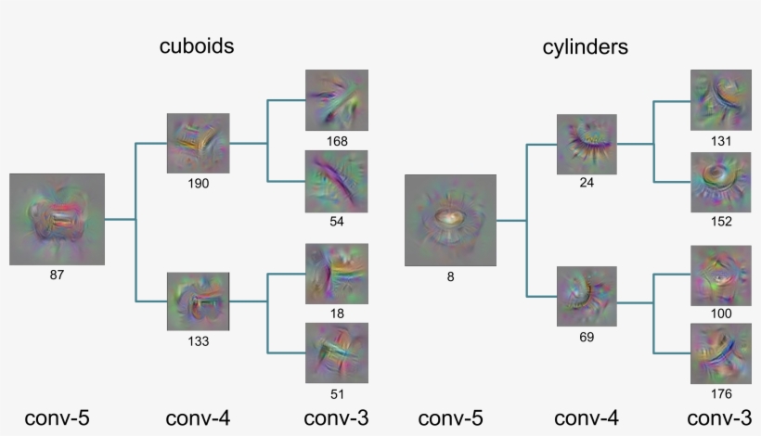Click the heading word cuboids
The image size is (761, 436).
tap(195, 46)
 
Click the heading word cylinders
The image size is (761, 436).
tap(586, 46)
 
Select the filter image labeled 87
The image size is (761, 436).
tap(57, 219)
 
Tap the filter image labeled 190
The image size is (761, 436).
tap(198, 143)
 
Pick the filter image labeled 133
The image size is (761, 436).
tap(198, 301)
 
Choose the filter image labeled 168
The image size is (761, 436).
tap(337, 100)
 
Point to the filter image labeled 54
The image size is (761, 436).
tap(337, 182)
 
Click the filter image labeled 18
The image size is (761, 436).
tap(337, 274)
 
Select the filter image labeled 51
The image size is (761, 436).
tap(337, 353)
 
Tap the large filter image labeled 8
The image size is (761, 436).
tap(450, 221)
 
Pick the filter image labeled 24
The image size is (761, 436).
tap(587, 144)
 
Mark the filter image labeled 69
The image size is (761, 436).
tap(587, 296)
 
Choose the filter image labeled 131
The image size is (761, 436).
tap(721, 100)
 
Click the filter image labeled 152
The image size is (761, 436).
tap(721, 182)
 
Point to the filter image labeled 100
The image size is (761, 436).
tap(721, 275)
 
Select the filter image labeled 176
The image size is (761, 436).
tap(721, 353)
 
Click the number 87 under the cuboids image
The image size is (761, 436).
tap(57, 275)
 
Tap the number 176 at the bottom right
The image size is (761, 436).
tap(721, 393)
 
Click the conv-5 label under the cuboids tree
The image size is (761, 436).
tap(57, 418)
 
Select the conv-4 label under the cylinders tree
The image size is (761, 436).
tap(587, 418)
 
